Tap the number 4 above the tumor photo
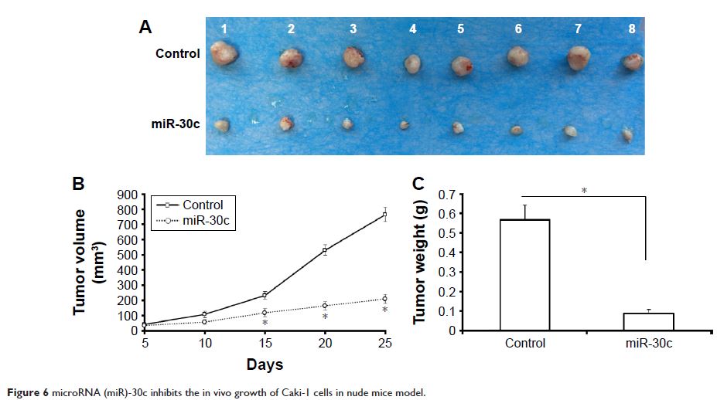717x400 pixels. (x=413, y=29)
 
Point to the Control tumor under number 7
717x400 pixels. (x=579, y=57)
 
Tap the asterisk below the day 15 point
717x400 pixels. (x=265, y=324)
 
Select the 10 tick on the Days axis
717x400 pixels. (x=204, y=341)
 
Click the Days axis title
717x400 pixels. (x=265, y=364)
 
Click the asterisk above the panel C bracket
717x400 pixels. (x=584, y=190)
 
